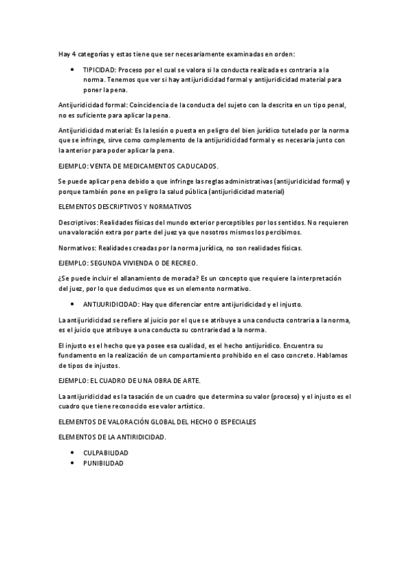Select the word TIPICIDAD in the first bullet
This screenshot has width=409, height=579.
click(x=100, y=70)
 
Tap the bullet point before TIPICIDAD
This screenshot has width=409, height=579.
click(x=72, y=70)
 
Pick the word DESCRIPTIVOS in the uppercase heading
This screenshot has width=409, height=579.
click(x=109, y=206)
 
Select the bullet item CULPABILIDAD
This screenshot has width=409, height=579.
click(x=106, y=453)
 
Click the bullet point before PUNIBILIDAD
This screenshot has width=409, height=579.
click(x=72, y=463)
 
